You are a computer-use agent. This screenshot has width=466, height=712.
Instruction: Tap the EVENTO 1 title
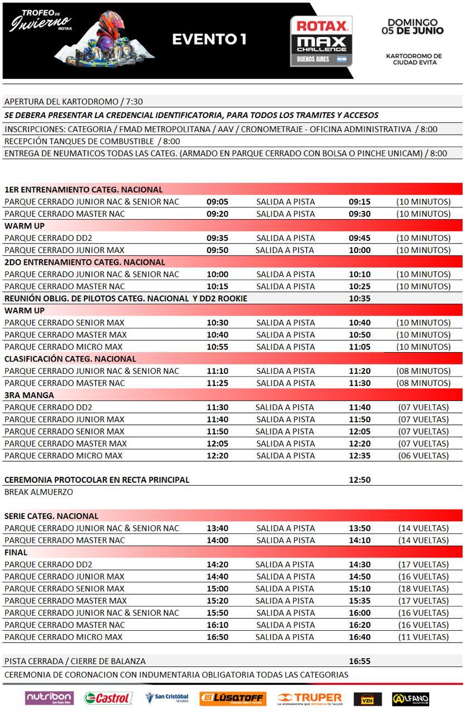(x=209, y=39)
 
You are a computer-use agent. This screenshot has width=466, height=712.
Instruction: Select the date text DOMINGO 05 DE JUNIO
(x=413, y=27)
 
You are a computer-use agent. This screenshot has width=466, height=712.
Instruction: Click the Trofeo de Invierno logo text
(x=41, y=21)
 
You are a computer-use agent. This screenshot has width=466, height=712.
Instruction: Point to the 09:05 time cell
(x=217, y=202)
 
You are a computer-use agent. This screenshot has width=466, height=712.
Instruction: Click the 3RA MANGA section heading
(x=30, y=395)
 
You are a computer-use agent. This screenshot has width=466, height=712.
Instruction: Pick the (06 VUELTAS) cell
(x=423, y=456)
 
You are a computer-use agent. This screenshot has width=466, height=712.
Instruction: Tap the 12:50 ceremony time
(x=360, y=479)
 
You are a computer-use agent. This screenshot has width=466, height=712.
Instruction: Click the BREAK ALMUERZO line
(x=38, y=492)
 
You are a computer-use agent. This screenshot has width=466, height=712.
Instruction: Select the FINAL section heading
(x=16, y=552)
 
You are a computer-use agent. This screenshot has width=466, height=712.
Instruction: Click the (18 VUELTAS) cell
(x=423, y=589)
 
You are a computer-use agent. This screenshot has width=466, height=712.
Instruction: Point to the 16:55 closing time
(x=360, y=661)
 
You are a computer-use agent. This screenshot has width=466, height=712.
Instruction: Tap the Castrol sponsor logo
(x=108, y=698)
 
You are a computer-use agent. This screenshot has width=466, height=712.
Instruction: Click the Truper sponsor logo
(x=310, y=698)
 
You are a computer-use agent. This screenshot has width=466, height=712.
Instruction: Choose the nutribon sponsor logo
(x=49, y=698)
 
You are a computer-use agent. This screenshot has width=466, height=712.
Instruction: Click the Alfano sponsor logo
(x=410, y=699)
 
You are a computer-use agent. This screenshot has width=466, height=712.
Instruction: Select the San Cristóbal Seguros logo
(x=166, y=698)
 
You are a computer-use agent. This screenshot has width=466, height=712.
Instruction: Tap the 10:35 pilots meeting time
(x=360, y=299)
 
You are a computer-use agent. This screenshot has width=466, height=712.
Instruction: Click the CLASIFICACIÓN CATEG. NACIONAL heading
(x=70, y=359)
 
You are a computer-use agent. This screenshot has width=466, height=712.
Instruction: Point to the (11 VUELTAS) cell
(x=423, y=637)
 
